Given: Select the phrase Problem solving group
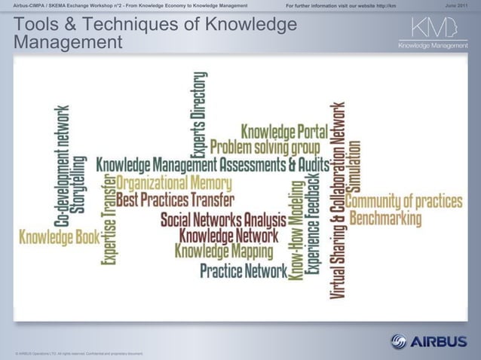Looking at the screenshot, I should coord(265,145).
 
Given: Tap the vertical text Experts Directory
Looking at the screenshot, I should coord(200,110).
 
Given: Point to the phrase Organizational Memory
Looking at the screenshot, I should coord(174,183).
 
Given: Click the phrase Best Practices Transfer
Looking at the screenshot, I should coord(176,200).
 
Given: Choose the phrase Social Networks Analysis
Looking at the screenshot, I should coord(223,220).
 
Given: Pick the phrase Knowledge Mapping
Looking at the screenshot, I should coord(224,251).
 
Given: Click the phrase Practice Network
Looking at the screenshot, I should coord(244,269).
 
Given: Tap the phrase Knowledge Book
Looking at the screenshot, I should coord(60,238).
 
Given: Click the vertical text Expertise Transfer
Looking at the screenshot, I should coord(108,219).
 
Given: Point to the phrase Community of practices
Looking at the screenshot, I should coord(403,201).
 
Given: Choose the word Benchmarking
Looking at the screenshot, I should coord(386,218).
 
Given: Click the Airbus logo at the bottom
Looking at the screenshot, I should coord(428,341).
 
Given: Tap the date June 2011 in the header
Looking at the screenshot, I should coord(461,6).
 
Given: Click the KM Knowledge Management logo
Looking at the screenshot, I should coord(433,34).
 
